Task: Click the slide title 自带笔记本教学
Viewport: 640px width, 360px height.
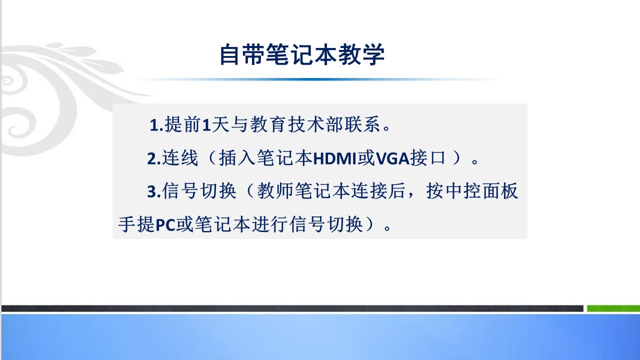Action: coord(302,54)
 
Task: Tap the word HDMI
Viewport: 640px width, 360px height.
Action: coord(335,158)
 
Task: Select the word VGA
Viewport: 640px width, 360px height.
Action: coord(393,158)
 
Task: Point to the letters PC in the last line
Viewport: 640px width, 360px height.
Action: coord(165,225)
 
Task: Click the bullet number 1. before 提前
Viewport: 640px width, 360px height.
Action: coord(156,125)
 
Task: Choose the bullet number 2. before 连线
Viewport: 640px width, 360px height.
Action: coord(154,158)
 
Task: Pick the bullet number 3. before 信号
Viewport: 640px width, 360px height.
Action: coord(154,191)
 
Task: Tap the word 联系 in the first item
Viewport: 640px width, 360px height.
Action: coord(362,124)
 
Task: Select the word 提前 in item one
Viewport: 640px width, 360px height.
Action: coord(182,124)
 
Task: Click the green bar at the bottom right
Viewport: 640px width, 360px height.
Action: coord(613,308)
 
